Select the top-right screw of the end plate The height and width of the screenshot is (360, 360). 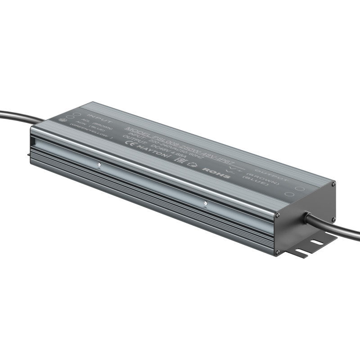333,183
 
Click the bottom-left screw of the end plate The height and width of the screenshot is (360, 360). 278,252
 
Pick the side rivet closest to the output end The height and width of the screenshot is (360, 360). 205,203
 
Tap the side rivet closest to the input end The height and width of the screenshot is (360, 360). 99,164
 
